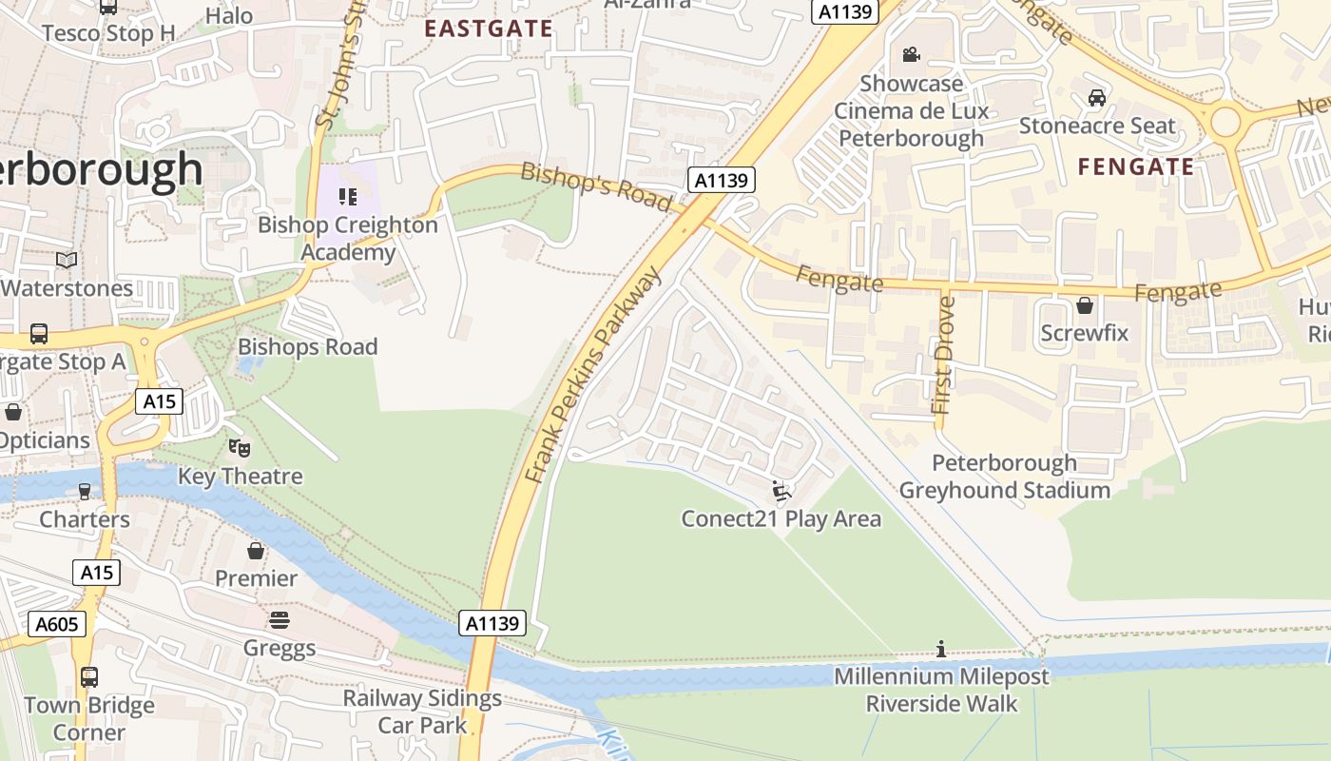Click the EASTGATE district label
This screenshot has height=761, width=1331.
click(488, 29)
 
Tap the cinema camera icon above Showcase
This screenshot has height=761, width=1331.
click(912, 54)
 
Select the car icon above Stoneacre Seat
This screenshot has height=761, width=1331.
click(1096, 97)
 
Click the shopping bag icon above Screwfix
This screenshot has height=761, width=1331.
click(1084, 305)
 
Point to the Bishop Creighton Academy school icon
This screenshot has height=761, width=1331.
click(348, 197)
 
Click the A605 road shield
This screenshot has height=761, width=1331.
click(58, 624)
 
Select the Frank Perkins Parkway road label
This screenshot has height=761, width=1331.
click(593, 376)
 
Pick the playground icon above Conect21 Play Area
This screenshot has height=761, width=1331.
click(781, 491)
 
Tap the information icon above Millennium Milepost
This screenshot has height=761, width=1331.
click(941, 649)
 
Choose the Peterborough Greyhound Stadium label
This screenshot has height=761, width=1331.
click(1004, 477)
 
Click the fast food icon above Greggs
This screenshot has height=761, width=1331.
click(280, 620)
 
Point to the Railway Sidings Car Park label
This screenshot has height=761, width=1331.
click(422, 712)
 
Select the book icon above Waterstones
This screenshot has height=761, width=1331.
click(67, 260)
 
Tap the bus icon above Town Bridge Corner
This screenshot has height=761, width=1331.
click(88, 677)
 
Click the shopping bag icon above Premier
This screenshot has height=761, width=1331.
click(256, 550)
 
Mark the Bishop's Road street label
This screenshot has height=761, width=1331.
click(596, 186)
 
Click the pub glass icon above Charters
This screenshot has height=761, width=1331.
click(85, 491)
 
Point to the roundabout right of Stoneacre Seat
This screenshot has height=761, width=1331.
click(1225, 122)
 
